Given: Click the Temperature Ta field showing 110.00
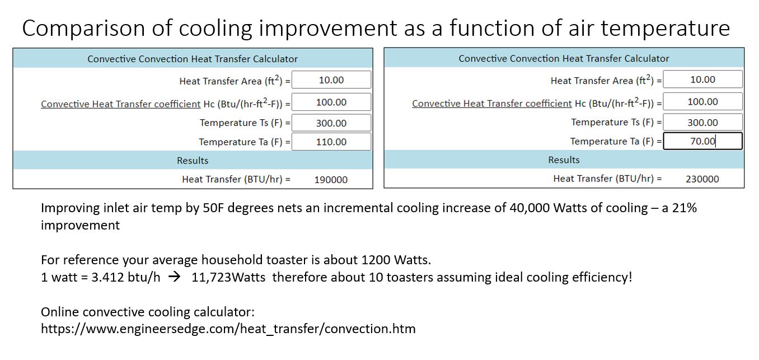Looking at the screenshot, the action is tap(331, 142).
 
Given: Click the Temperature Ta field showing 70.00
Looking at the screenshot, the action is tap(702, 141).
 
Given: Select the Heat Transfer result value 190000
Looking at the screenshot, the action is tap(331, 180).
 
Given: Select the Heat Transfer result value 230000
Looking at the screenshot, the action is tap(702, 179).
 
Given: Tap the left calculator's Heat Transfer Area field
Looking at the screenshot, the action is tap(331, 80).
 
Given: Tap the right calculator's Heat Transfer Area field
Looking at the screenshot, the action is tap(702, 80).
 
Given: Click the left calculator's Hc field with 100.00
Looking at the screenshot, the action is tap(331, 102).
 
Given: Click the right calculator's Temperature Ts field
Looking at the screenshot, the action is tap(702, 123).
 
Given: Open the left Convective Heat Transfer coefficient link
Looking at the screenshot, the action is tap(121, 104).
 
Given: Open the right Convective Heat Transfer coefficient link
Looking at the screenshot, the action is tap(492, 104).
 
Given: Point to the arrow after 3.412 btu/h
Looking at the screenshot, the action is tap(175, 277).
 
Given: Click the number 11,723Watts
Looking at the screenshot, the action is tap(228, 277).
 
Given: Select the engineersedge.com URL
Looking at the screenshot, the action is tap(228, 329).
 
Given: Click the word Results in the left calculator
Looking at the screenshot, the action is tap(193, 160).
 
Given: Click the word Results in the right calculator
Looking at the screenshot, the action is tap(564, 160).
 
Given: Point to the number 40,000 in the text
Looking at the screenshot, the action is tap(529, 208).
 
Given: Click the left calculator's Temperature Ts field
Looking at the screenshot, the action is tap(331, 123).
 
